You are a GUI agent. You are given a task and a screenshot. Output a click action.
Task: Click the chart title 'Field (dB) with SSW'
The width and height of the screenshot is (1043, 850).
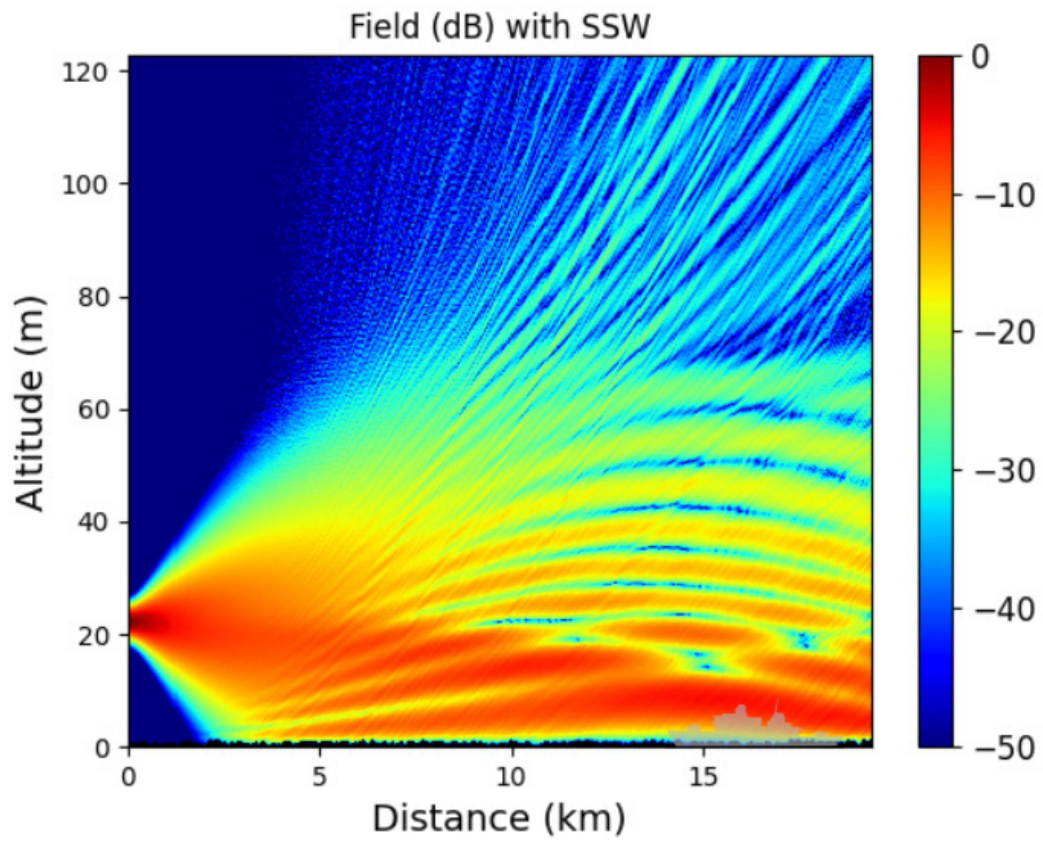click(x=500, y=27)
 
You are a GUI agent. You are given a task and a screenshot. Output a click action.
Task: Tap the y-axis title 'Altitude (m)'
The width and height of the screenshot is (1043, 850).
click(x=30, y=404)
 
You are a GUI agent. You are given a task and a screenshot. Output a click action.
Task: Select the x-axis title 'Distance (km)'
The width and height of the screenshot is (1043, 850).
click(x=499, y=817)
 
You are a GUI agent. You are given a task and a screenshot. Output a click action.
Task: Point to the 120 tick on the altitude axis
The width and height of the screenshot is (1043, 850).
click(x=84, y=72)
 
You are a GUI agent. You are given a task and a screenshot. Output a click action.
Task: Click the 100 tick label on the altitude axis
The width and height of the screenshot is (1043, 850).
click(x=84, y=185)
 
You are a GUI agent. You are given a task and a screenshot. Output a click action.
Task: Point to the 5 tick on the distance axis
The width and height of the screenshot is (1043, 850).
click(x=319, y=776)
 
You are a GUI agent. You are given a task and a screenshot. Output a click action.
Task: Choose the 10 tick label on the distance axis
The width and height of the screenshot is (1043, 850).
click(x=512, y=776)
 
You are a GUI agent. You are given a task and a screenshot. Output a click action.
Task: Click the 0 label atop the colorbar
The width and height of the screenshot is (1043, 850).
click(x=980, y=57)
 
